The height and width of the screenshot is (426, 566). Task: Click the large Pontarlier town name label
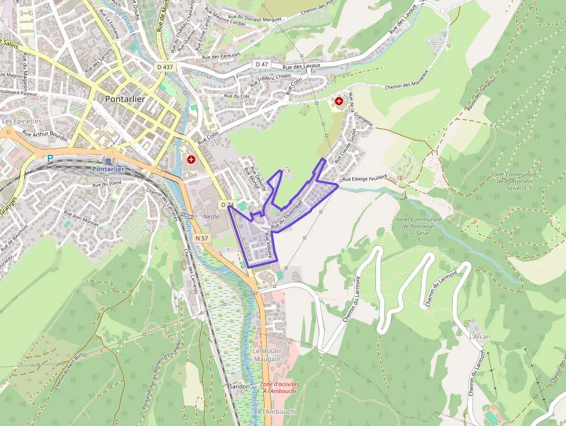(125, 99)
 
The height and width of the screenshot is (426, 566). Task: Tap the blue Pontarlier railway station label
(108, 169)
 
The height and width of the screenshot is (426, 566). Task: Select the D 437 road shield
(165, 67)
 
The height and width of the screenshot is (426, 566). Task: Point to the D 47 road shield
(262, 64)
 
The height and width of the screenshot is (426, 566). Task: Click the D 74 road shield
(227, 205)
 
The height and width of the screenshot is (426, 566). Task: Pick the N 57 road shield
(201, 238)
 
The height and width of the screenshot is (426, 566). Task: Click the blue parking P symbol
(50, 158)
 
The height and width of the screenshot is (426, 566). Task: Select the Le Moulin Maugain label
(266, 355)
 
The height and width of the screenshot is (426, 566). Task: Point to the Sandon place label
(239, 386)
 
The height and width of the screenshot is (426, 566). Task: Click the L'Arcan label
(479, 336)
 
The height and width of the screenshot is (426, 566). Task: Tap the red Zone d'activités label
(280, 387)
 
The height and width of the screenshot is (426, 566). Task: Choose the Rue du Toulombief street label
(287, 216)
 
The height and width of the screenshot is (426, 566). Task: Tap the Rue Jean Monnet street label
(81, 217)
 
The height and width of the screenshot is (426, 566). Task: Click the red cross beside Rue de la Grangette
(339, 101)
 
